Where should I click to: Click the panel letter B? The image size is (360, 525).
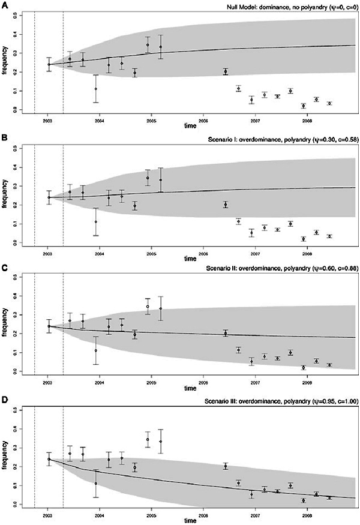coord(4,137)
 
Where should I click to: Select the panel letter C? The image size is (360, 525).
coord(4,268)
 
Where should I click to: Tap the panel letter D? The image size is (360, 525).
coord(4,399)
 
